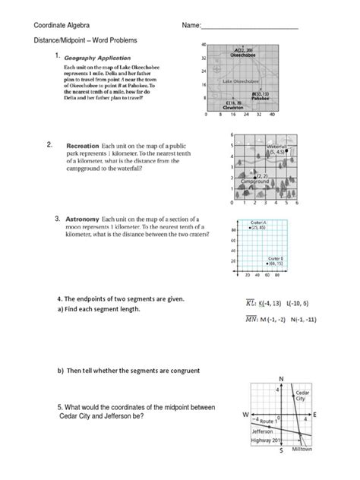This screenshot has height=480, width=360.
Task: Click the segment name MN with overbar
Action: [x=245, y=321]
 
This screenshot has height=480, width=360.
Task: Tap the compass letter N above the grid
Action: [x=282, y=378]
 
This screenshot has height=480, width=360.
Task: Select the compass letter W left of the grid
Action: [x=245, y=415]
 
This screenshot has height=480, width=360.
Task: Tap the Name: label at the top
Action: [x=191, y=27]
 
